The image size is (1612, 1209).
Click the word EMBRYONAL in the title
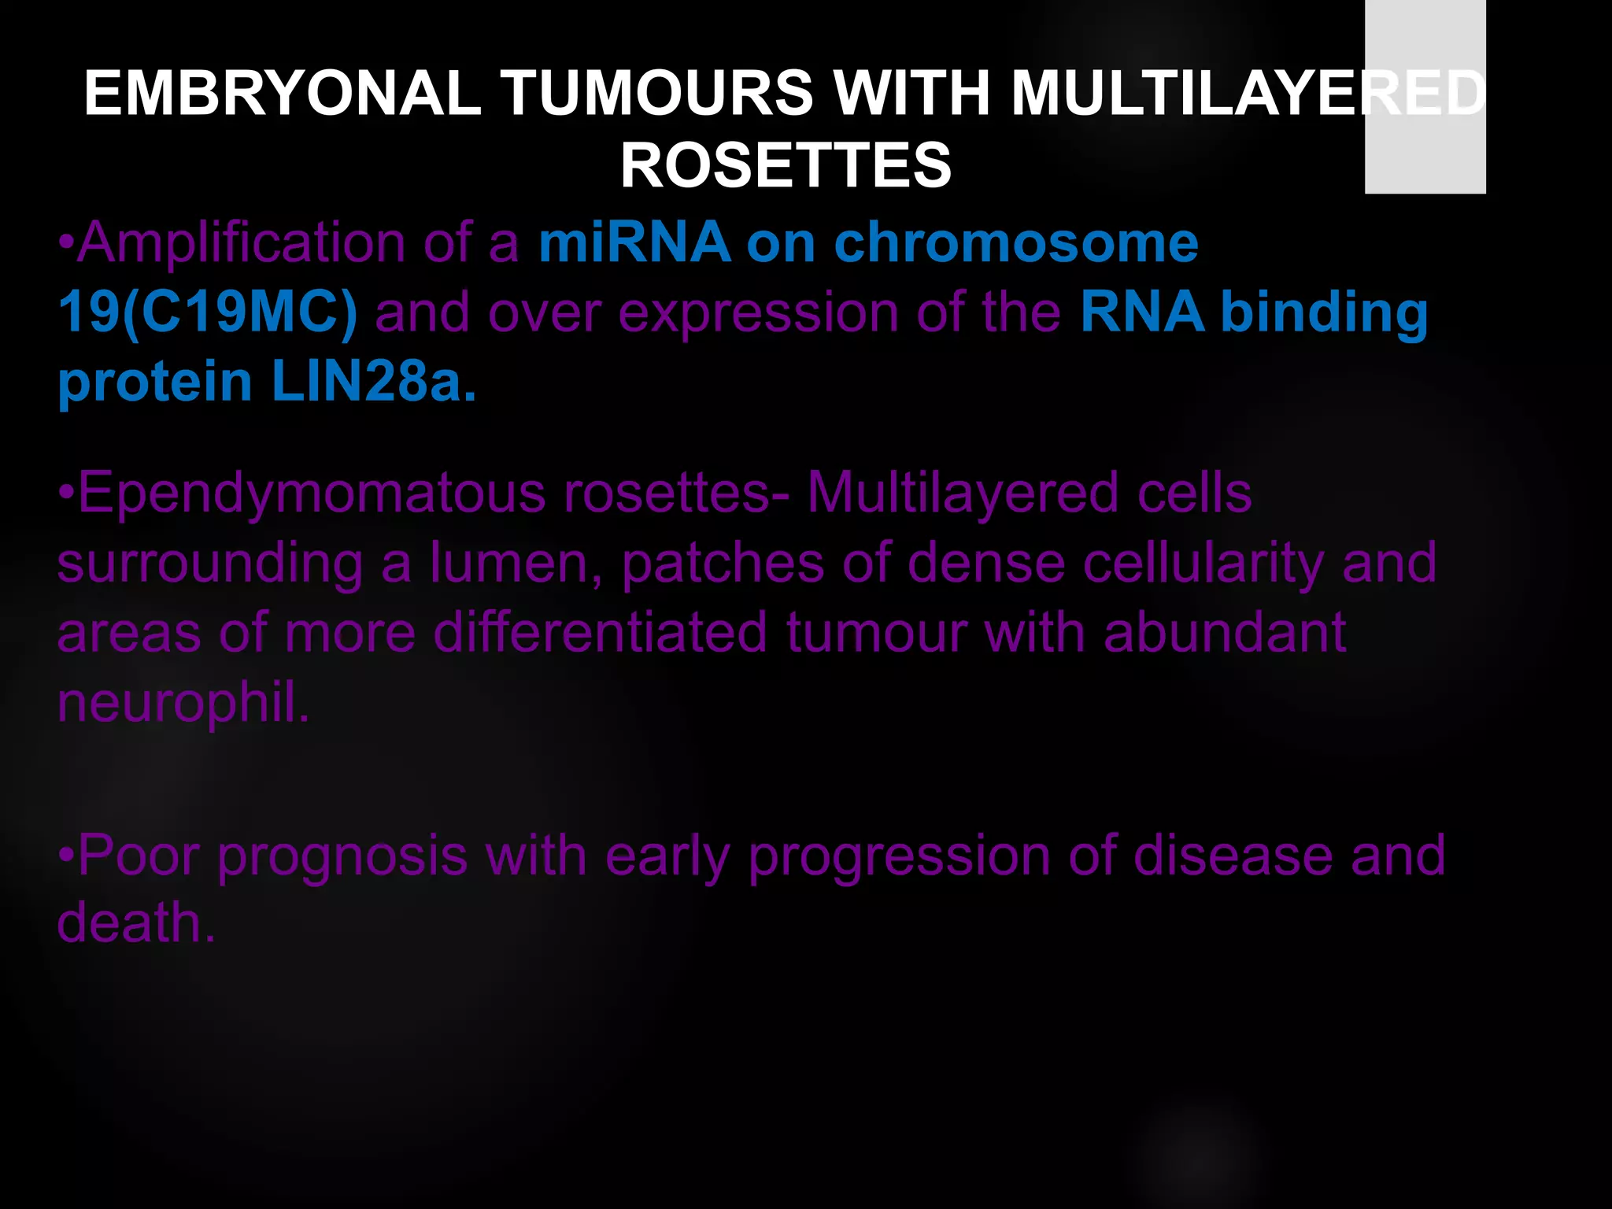tap(282, 93)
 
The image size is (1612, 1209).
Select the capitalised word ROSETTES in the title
tap(786, 165)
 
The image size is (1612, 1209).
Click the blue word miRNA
tap(634, 242)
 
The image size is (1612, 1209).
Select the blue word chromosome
tap(1015, 242)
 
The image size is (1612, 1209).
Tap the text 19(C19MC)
tap(208, 312)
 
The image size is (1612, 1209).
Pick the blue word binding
tap(1324, 312)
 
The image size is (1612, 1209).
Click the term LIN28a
tap(374, 382)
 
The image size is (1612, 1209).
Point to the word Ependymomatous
tap(312, 494)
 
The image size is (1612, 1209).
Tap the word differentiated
tap(601, 633)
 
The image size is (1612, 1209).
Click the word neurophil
tap(183, 702)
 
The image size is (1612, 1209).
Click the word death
tap(135, 922)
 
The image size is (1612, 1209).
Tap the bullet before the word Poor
tap(66, 855)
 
